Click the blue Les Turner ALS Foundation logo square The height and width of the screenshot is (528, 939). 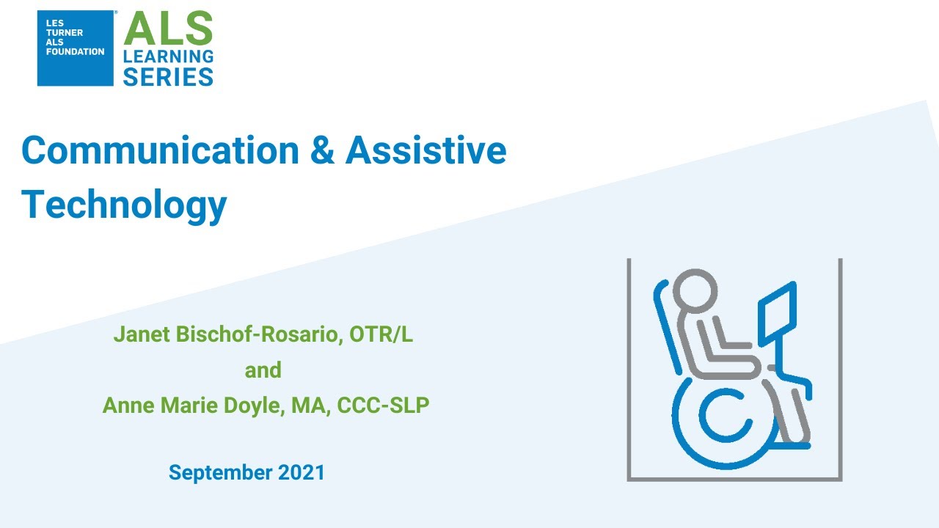76,48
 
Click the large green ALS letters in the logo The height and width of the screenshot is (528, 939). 168,30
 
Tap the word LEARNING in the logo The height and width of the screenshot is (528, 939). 168,56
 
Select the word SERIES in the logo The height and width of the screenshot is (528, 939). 168,76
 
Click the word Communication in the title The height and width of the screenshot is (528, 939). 160,151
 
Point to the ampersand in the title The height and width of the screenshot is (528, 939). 322,151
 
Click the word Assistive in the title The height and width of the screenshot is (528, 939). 425,151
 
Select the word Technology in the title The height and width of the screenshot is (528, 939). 124,205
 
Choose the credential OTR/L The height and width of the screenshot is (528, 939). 381,335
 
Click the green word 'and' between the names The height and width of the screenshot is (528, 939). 263,370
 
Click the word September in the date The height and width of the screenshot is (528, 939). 220,473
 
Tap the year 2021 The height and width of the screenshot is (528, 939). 301,473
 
